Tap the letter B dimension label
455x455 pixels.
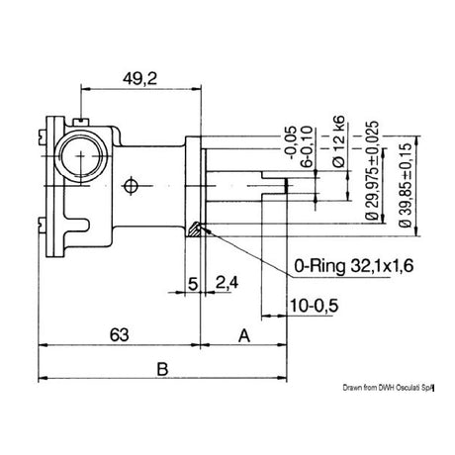163,369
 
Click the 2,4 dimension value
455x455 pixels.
227,284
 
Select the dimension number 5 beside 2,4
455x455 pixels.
192,284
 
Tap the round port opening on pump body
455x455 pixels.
80,154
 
